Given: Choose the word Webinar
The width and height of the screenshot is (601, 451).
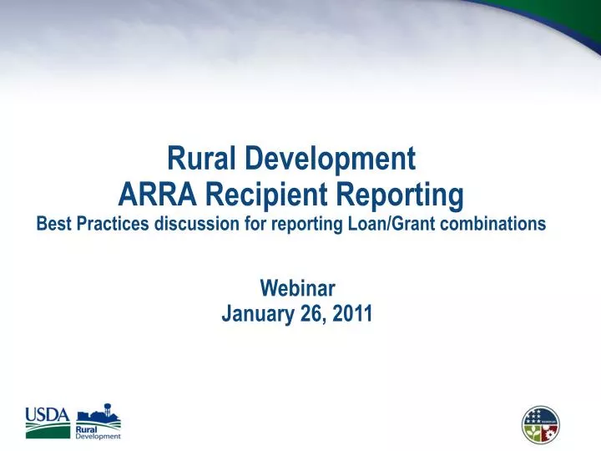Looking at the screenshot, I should [x=297, y=288].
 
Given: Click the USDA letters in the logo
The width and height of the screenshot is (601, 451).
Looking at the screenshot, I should [x=47, y=415].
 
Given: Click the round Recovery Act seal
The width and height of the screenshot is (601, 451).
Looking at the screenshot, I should [x=541, y=424].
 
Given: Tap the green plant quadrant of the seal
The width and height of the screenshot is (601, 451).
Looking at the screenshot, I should [x=533, y=432].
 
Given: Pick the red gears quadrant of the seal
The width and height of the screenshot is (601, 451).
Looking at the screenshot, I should [x=549, y=432].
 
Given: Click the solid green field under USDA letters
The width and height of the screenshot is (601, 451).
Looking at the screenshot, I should [x=47, y=432].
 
